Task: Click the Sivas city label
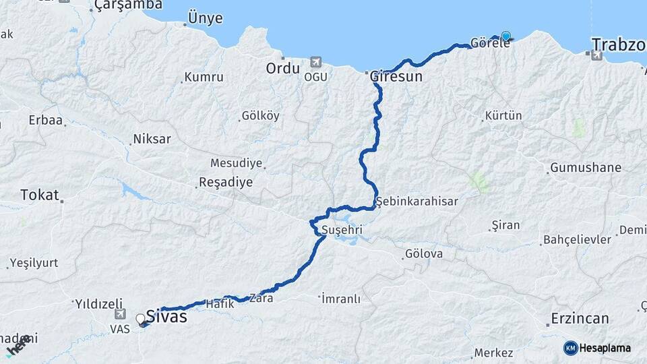tap(165, 316)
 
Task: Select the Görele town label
tap(485, 42)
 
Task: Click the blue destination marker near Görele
tap(505, 36)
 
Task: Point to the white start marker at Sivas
tap(141, 318)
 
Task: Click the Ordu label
tap(282, 68)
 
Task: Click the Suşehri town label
tap(342, 231)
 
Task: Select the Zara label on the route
tap(261, 297)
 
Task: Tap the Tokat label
tap(40, 195)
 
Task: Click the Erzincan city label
tap(580, 318)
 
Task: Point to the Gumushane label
tap(585, 167)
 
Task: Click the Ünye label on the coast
tap(205, 18)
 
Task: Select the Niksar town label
tap(152, 139)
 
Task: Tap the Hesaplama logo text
tap(604, 348)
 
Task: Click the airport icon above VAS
tap(120, 313)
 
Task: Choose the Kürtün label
tap(503, 116)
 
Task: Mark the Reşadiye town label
tap(225, 182)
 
